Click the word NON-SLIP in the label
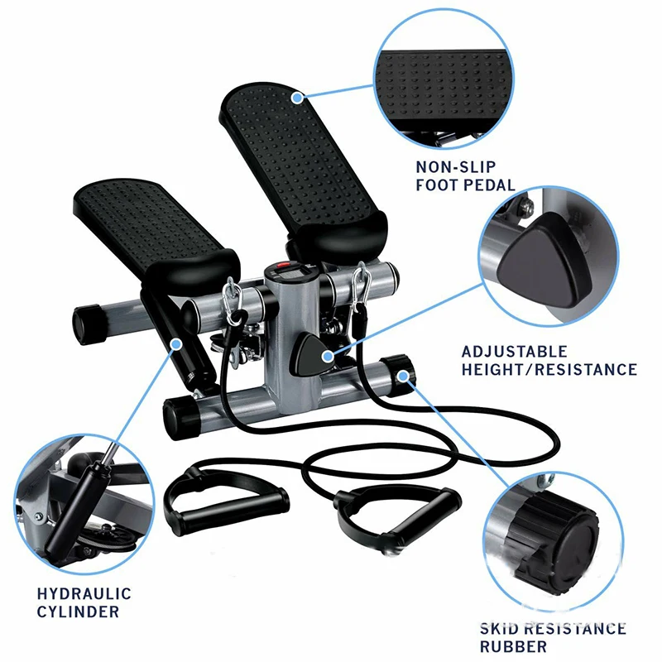(456, 167)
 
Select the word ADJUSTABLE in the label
(514, 352)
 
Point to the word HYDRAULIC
(84, 593)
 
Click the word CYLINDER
(78, 612)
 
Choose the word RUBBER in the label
(513, 646)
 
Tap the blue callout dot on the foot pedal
(298, 98)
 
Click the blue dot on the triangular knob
(327, 357)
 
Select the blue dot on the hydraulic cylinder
(176, 344)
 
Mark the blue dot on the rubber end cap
(404, 376)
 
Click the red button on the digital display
(284, 267)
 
